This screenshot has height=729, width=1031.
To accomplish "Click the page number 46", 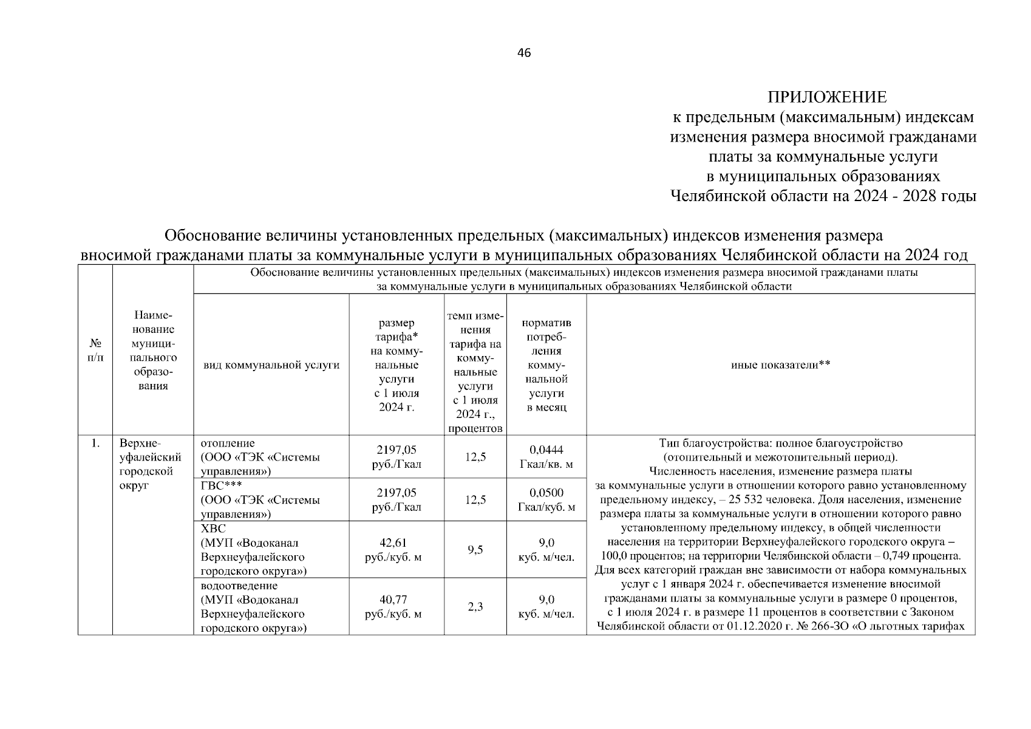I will pos(523,53).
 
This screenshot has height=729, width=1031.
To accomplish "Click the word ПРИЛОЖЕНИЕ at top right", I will pos(827,97).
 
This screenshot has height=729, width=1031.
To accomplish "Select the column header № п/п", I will pos(95,351).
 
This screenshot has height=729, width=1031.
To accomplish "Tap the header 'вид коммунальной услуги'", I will pos(271,365).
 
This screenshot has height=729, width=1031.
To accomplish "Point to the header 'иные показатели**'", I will pos(780,364).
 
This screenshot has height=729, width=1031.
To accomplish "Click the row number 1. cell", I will pos(95,443).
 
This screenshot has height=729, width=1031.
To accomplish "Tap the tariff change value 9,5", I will pos(475,550).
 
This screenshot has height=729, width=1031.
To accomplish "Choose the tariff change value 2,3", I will pos(475,606).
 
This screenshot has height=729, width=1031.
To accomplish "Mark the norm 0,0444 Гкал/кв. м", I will pos(546,457).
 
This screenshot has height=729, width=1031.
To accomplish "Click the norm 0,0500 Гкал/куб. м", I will pos(546,499).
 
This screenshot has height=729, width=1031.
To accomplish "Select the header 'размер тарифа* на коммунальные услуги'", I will pos(396,364).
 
